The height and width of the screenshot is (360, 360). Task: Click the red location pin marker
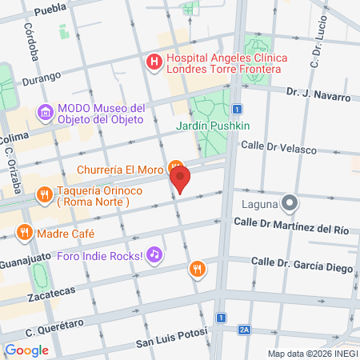(x=181, y=179)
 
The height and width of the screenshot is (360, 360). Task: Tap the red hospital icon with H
(x=152, y=61)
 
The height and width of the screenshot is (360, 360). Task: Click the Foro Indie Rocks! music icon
(x=155, y=256)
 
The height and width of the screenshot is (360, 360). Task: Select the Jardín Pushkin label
(x=214, y=126)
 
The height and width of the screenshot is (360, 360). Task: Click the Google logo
(x=26, y=350)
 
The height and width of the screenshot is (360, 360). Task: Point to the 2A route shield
(x=245, y=329)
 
